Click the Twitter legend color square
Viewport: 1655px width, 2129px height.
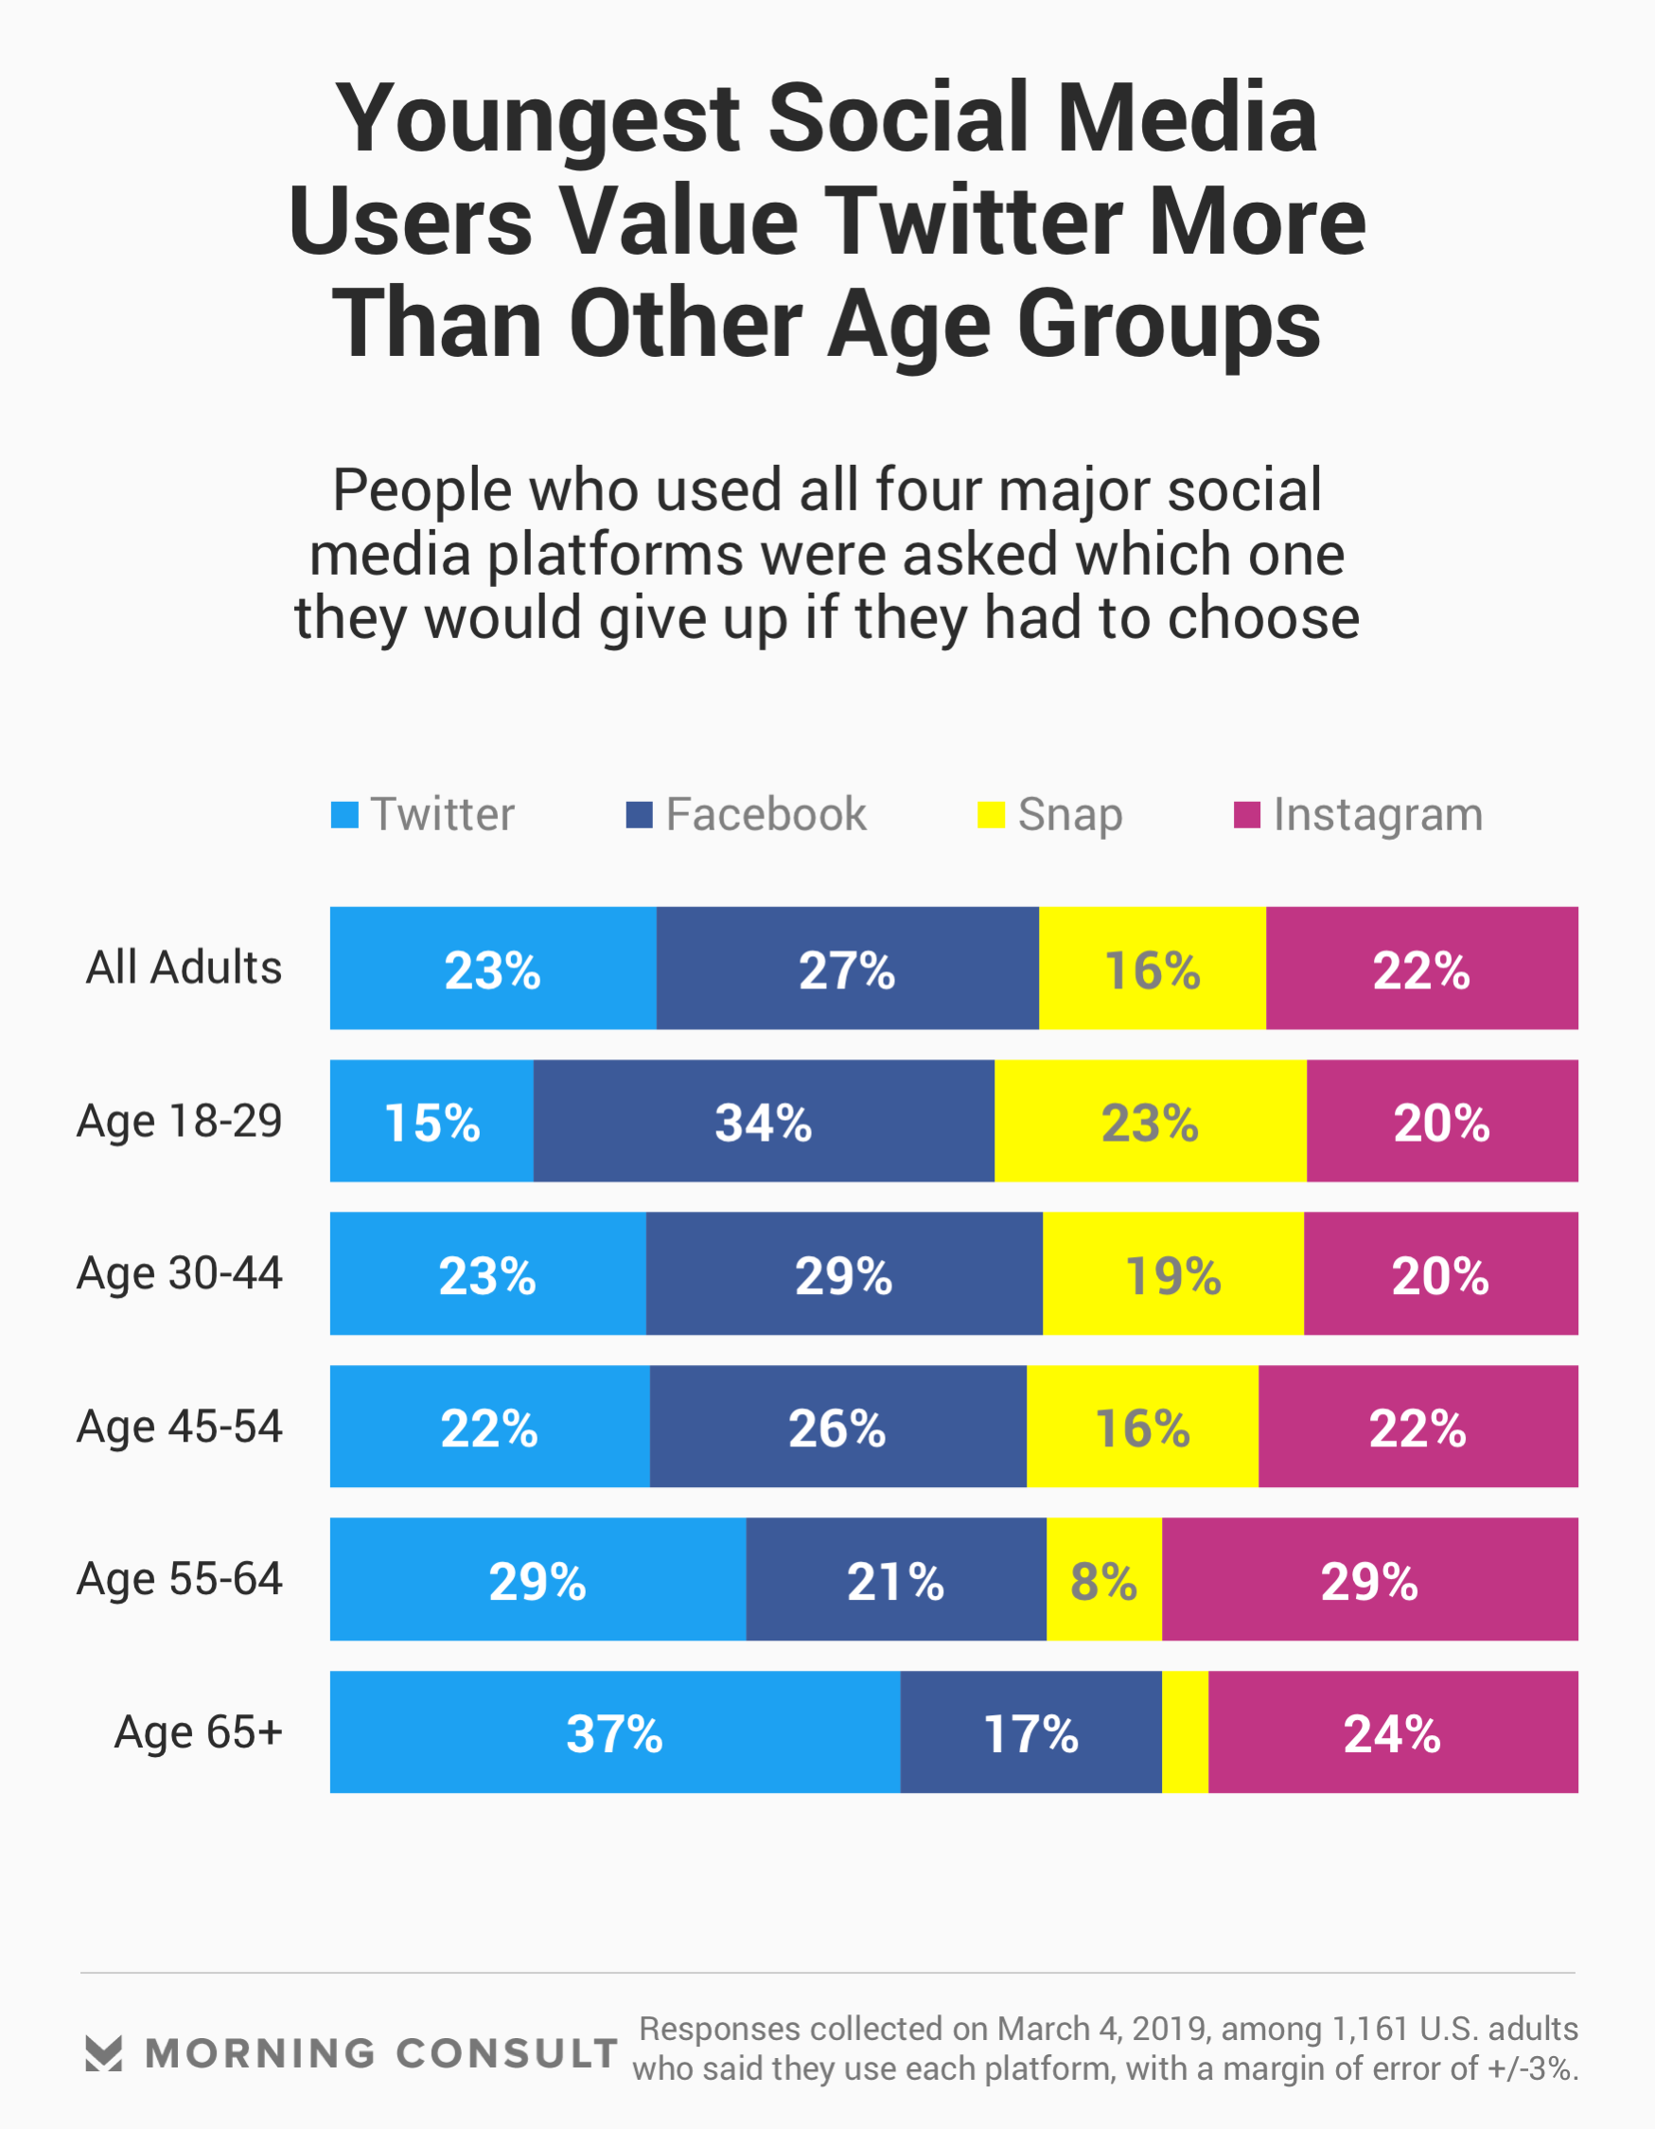tap(344, 815)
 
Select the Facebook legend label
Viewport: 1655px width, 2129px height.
tap(766, 815)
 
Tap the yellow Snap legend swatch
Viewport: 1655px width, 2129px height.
tap(991, 815)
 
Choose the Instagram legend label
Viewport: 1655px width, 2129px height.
tap(1377, 815)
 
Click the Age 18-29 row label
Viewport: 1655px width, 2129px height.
tap(180, 1121)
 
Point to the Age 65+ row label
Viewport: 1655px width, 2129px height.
tap(198, 1732)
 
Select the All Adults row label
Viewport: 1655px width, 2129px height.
tap(184, 968)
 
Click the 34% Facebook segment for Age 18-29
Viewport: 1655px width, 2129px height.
tap(764, 1121)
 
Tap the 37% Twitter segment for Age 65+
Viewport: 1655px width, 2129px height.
tap(614, 1732)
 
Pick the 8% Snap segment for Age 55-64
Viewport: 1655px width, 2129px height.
tap(1103, 1579)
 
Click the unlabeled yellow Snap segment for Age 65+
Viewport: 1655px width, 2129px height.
tap(1184, 1732)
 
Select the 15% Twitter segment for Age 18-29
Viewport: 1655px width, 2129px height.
tap(431, 1121)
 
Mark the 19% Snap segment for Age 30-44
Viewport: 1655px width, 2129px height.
tap(1172, 1274)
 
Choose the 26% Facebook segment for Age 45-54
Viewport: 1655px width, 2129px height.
tap(837, 1427)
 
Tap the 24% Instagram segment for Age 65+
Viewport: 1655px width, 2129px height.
tap(1392, 1732)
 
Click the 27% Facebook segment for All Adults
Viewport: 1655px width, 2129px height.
tap(847, 968)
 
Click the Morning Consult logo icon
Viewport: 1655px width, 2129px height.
tap(103, 2053)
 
